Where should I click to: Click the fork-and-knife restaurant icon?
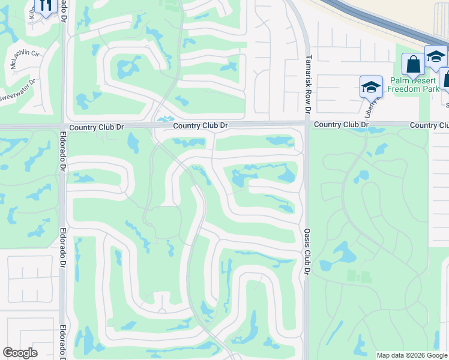[46, 6]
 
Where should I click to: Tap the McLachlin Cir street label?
[23, 59]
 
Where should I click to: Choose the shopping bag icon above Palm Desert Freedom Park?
[413, 64]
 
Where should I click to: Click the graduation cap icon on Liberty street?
[371, 87]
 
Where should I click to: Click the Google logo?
[20, 353]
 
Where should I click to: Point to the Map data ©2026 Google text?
[411, 355]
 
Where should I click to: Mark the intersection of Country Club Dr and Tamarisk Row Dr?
[306, 125]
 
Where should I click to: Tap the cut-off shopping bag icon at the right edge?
[445, 78]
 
